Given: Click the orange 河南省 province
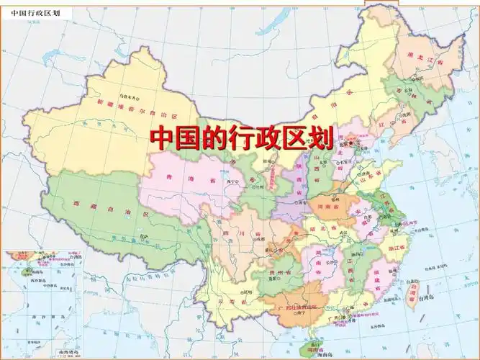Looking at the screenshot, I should (330, 206).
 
